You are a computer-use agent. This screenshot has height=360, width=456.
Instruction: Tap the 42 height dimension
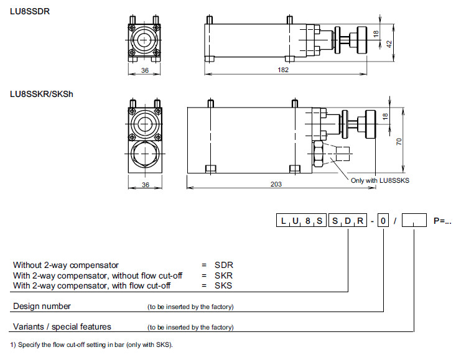[389, 44]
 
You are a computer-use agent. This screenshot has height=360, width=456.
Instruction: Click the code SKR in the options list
[223, 275]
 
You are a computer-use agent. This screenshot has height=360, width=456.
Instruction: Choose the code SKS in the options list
[223, 285]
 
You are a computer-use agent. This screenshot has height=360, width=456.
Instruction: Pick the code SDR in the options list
[223, 265]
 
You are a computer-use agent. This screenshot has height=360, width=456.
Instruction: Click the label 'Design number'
[42, 306]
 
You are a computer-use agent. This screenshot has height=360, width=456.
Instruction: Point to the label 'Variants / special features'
[62, 326]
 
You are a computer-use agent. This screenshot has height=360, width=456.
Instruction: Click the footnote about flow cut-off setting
[91, 344]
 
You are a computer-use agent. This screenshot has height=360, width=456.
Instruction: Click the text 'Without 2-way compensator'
[65, 265]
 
